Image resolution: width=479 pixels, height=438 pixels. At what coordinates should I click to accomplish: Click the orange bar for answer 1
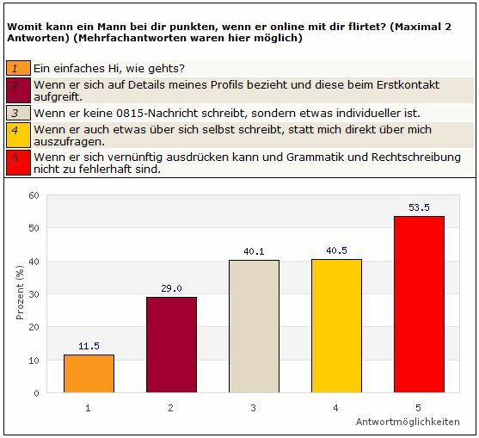(89, 373)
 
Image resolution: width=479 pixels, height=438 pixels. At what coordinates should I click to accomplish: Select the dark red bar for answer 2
(171, 344)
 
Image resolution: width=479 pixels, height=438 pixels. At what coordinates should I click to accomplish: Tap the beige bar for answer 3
(254, 326)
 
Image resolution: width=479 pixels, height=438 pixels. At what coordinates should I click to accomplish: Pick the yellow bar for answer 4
(336, 325)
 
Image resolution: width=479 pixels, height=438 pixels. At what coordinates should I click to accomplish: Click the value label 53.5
(419, 208)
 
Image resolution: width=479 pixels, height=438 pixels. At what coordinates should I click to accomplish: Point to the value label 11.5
(89, 347)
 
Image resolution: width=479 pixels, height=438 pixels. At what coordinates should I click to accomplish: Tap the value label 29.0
(171, 289)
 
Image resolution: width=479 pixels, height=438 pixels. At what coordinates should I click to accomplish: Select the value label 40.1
(254, 252)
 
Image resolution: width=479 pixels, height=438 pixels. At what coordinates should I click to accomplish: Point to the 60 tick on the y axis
(34, 195)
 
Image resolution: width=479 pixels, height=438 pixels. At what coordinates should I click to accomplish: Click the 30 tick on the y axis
(34, 294)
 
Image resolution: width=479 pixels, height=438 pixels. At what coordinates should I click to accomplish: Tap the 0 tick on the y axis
(37, 393)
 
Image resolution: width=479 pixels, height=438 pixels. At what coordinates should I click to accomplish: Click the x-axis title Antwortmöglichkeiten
(407, 423)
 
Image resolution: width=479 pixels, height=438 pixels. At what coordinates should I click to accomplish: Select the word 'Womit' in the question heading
(23, 26)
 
